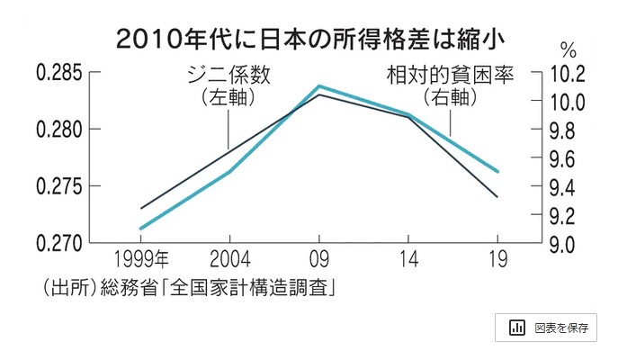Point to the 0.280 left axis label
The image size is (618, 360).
click(x=58, y=130)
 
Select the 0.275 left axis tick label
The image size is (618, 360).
click(x=58, y=186)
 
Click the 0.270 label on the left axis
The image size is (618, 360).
click(x=58, y=243)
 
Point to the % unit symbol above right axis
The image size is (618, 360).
click(x=568, y=49)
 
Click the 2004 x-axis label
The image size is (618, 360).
click(x=228, y=261)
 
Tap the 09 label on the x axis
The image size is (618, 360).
click(x=318, y=261)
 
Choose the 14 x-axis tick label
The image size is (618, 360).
click(x=408, y=261)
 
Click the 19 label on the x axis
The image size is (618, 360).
click(x=497, y=261)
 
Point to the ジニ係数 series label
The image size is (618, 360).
click(x=228, y=75)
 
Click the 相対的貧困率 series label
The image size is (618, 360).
click(x=450, y=75)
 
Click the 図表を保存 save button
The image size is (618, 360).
click(x=546, y=328)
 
